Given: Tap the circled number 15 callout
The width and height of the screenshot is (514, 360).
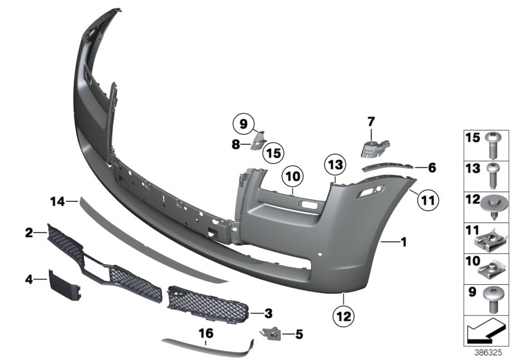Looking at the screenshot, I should pyautogui.click(x=274, y=153).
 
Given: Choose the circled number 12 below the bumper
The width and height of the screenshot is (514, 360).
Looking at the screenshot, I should pyautogui.click(x=344, y=316).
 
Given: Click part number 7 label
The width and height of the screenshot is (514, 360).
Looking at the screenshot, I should pyautogui.click(x=371, y=120).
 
